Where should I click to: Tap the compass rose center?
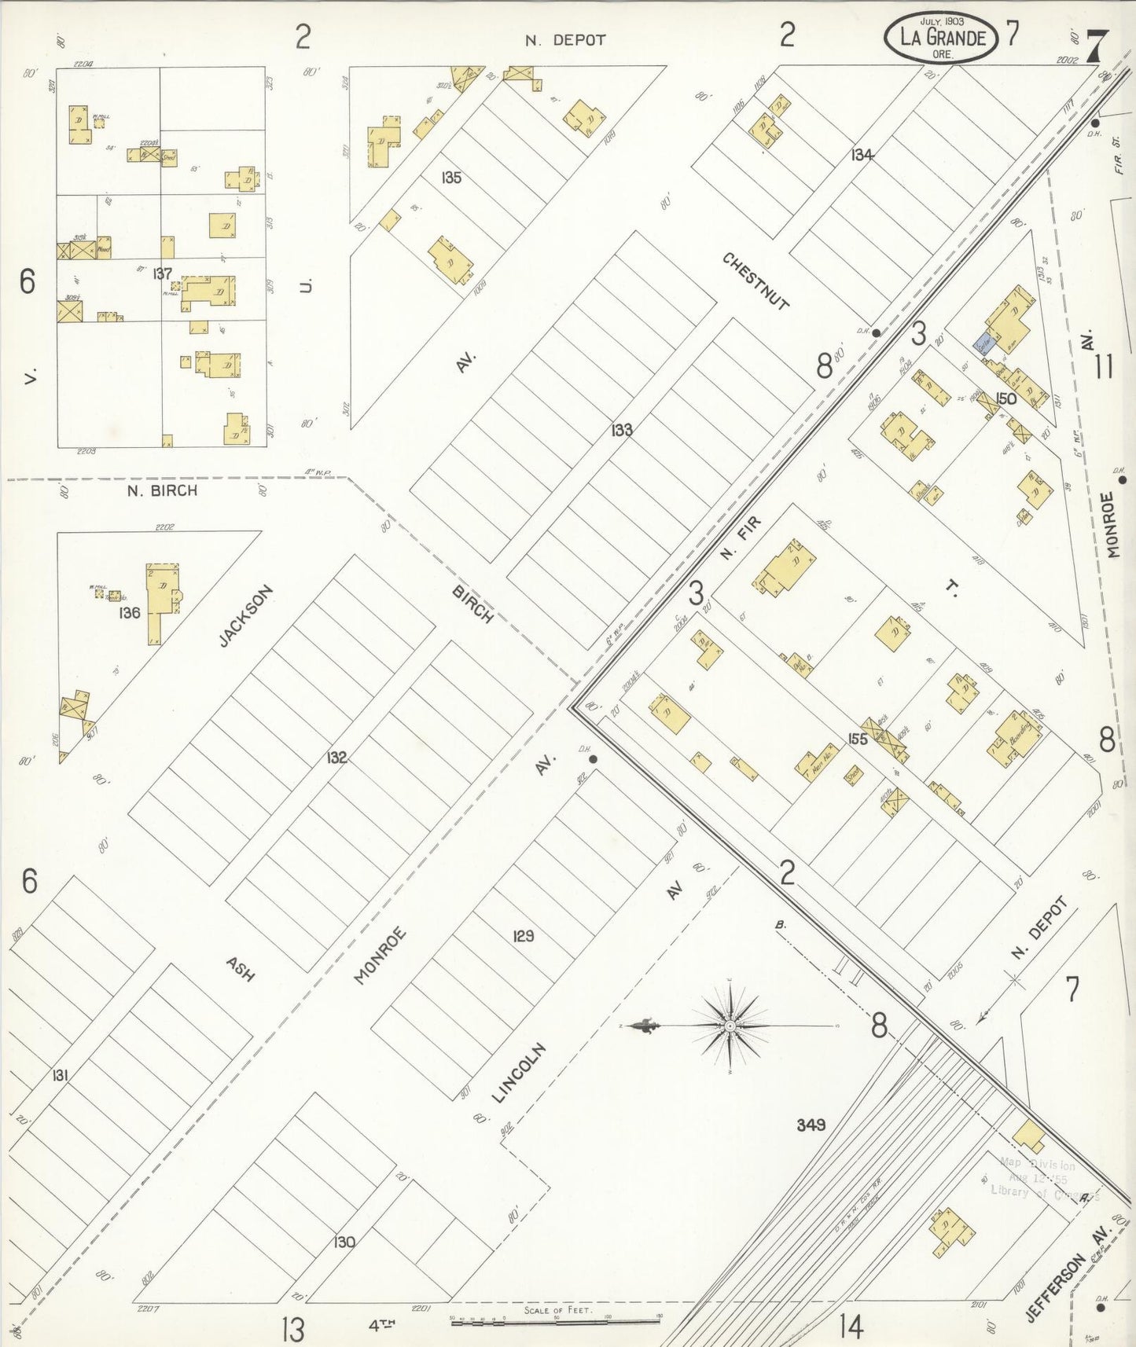[x=730, y=1026]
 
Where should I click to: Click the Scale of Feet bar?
[x=555, y=1323]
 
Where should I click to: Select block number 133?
[x=622, y=430]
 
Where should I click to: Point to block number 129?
[x=523, y=935]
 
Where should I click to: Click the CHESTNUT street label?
[x=755, y=281]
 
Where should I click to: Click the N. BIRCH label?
[x=162, y=490]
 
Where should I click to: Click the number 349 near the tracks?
[x=811, y=1125]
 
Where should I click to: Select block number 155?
[x=857, y=739]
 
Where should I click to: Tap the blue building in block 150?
[x=983, y=343]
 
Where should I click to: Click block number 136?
[x=129, y=612]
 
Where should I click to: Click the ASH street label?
[x=241, y=968]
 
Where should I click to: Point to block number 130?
[x=344, y=1242]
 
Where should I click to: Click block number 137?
[x=163, y=273]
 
